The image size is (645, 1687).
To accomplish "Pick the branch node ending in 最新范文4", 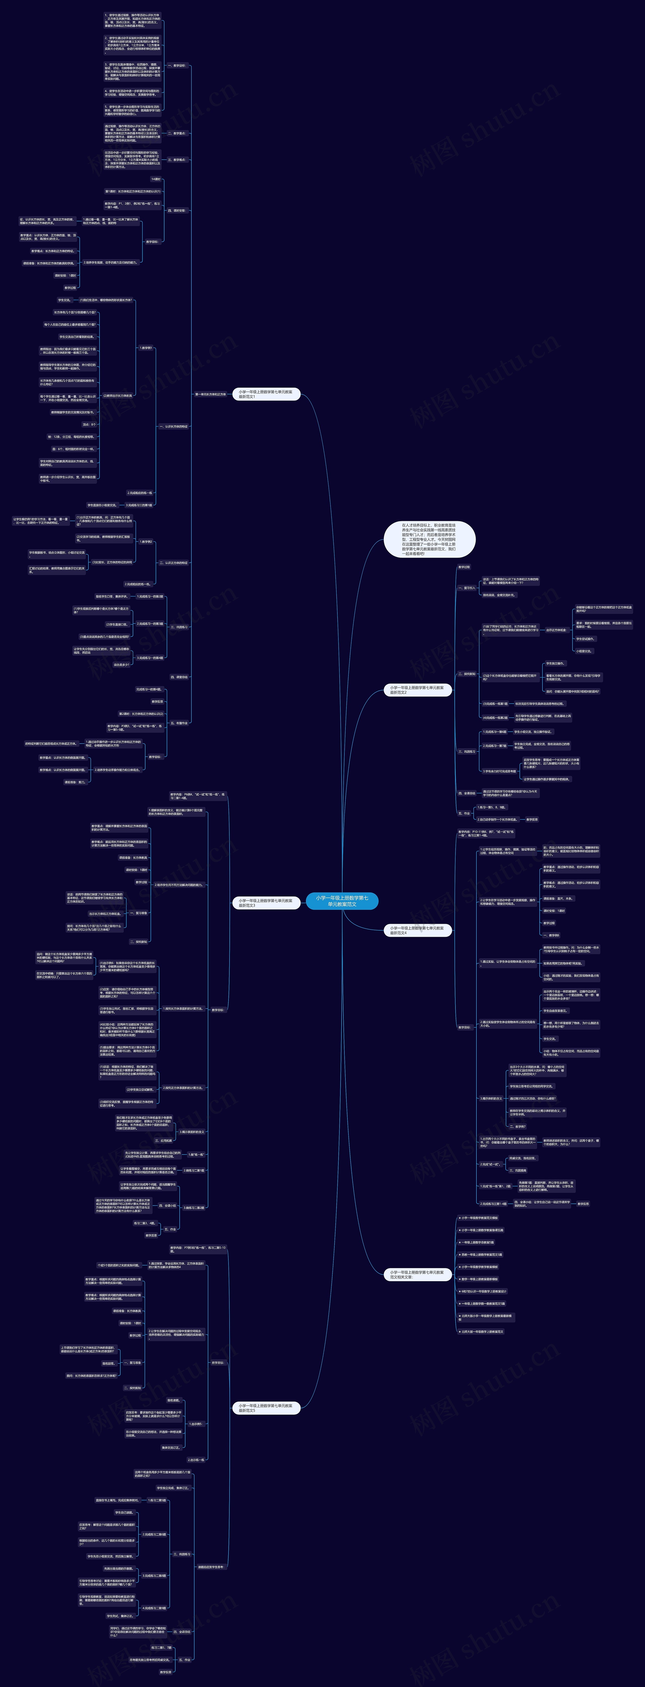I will (x=417, y=930).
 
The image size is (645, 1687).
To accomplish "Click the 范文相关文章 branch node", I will (x=417, y=1274).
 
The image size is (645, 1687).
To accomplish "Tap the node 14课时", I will (x=156, y=179).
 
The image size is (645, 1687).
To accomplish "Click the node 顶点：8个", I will (x=89, y=424).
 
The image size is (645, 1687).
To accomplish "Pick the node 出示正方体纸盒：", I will (x=557, y=630).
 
